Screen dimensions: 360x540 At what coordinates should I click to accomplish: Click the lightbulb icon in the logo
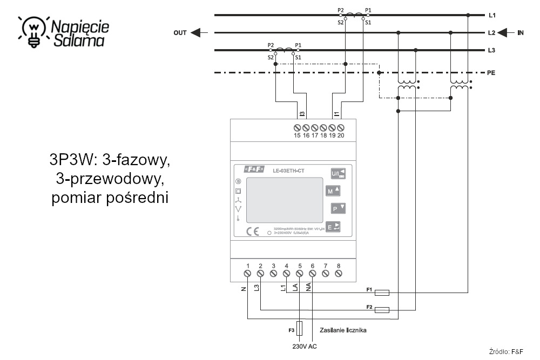point(34,30)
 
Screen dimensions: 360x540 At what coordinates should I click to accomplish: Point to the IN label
point(521,33)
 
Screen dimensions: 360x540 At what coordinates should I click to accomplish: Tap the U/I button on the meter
point(337,174)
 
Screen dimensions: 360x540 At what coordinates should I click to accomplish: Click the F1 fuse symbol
point(382,293)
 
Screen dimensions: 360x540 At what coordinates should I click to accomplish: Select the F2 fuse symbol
point(382,310)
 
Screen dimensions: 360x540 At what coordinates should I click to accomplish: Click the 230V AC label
point(304,347)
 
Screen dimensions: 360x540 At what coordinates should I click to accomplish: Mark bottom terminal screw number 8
point(339,274)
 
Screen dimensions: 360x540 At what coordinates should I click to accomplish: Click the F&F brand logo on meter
point(254,169)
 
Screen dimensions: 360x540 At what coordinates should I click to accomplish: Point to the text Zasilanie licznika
point(343,329)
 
